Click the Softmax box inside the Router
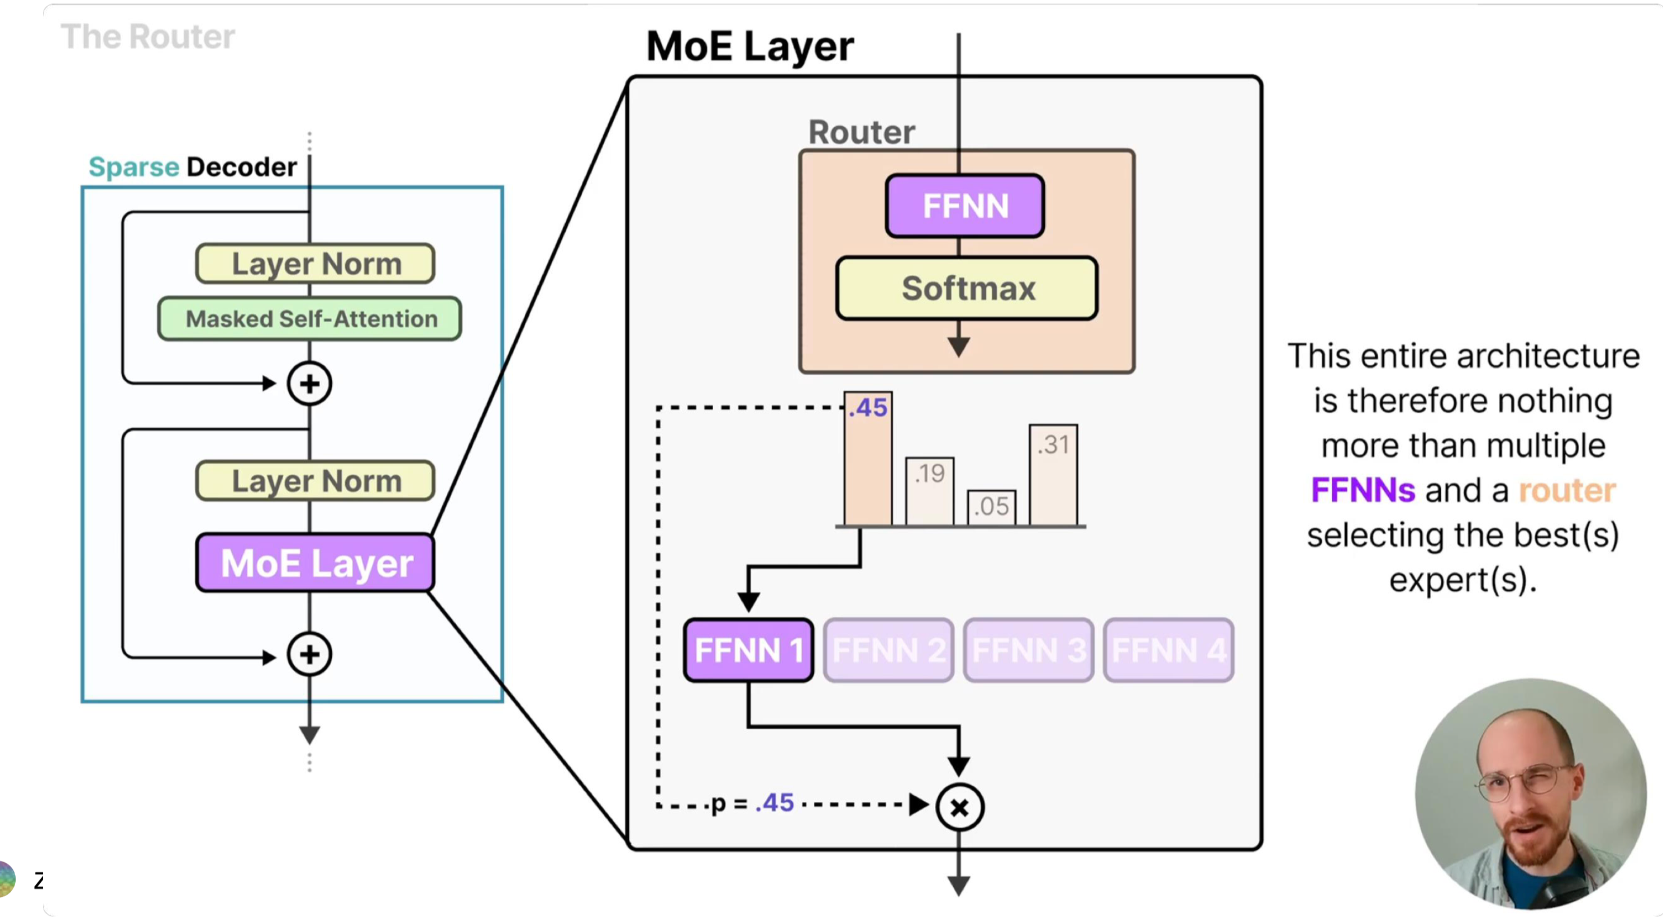967,288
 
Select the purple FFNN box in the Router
965,206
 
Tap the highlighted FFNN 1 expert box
748,649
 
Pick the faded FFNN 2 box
888,649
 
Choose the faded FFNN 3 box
1029,649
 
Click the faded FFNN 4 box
1168,649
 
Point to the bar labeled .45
868,459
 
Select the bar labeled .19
930,491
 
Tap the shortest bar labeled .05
992,508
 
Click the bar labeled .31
1053,475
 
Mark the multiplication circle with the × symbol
960,807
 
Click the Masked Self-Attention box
310,319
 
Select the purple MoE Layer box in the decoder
315,563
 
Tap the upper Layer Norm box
315,264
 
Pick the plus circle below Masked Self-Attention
310,384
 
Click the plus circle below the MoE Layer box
310,654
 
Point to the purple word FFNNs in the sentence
1363,491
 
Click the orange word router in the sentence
1567,491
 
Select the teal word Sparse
133,167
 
